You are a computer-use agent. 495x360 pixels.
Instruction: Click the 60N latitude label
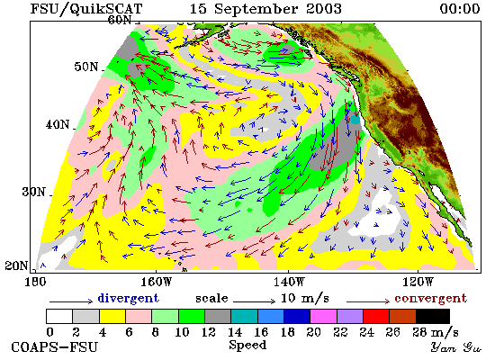click(x=120, y=20)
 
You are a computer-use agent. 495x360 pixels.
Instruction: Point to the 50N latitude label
click(x=86, y=67)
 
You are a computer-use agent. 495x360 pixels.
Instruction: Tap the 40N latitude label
click(x=58, y=124)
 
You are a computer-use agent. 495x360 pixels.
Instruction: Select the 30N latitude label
click(x=34, y=192)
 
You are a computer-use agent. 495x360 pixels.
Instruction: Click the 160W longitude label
click(x=156, y=282)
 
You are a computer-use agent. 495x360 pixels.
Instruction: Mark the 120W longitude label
click(x=418, y=282)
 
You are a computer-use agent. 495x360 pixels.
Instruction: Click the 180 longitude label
click(x=35, y=282)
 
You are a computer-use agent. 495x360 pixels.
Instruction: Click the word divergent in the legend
click(x=128, y=298)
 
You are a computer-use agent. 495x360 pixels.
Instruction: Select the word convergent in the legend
click(x=430, y=298)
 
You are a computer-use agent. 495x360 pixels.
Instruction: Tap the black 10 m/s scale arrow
click(x=255, y=301)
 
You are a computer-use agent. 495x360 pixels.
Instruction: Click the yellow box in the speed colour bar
click(x=112, y=317)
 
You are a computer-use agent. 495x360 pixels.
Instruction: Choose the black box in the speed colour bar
click(x=433, y=317)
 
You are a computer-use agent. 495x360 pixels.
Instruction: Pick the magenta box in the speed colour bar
click(x=323, y=317)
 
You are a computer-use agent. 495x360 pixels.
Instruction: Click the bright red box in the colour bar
click(x=376, y=317)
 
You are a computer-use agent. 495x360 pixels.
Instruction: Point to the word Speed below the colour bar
click(x=247, y=345)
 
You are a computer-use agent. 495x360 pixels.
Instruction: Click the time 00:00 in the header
click(x=460, y=8)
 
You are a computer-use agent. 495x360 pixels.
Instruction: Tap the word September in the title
click(x=256, y=9)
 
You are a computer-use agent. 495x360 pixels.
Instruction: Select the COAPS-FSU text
click(x=54, y=347)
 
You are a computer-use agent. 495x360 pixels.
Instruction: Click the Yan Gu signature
click(x=456, y=347)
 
